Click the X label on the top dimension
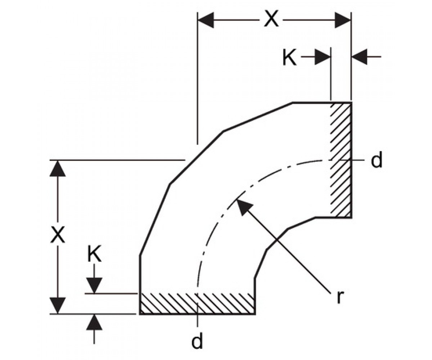tap(271, 20)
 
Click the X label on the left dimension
tap(58, 234)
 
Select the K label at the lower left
tap(94, 254)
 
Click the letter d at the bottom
tap(197, 341)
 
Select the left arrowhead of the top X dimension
tap(206, 20)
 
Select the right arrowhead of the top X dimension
tap(343, 20)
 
